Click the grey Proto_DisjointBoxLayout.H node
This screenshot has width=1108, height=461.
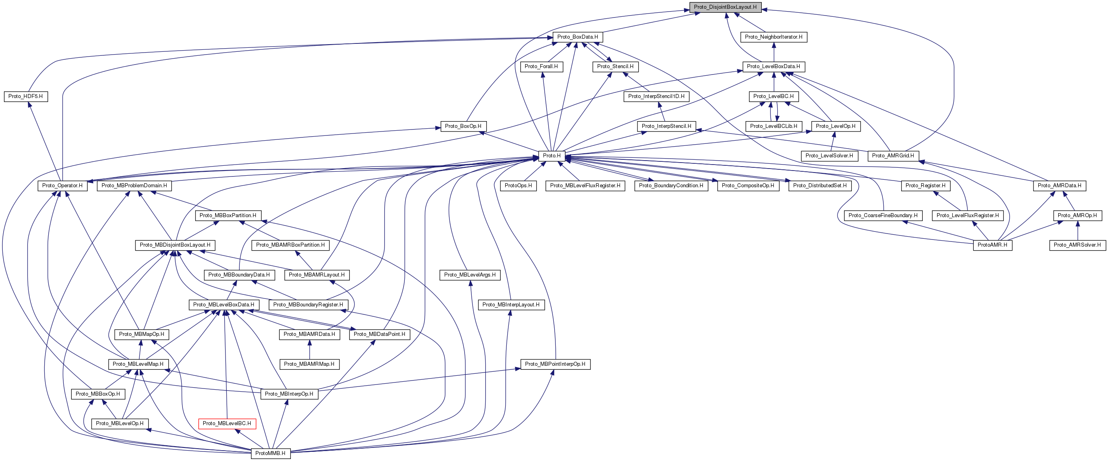pos(725,7)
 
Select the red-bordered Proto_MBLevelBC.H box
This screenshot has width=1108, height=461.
pos(227,424)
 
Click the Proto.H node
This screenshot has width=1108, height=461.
pos(551,156)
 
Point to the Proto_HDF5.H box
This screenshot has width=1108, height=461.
pos(25,96)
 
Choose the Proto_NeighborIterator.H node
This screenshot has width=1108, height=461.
pos(773,37)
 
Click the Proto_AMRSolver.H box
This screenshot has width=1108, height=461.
pos(1077,245)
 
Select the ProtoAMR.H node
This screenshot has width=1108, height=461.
pos(992,245)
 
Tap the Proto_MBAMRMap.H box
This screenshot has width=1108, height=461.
pos(309,364)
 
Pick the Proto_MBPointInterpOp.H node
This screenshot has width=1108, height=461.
pos(555,364)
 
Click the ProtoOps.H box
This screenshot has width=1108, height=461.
pos(518,186)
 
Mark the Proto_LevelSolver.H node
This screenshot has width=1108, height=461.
pos(829,156)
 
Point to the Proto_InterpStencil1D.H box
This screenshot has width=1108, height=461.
pos(656,96)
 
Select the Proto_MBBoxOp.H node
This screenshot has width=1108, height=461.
pos(98,394)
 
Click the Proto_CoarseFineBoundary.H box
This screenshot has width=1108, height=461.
pos(882,216)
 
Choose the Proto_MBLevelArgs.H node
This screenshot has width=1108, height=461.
pos(469,275)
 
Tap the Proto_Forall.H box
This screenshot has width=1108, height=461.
pos(541,67)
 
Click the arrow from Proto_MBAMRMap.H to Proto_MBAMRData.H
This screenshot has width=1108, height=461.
pos(309,349)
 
